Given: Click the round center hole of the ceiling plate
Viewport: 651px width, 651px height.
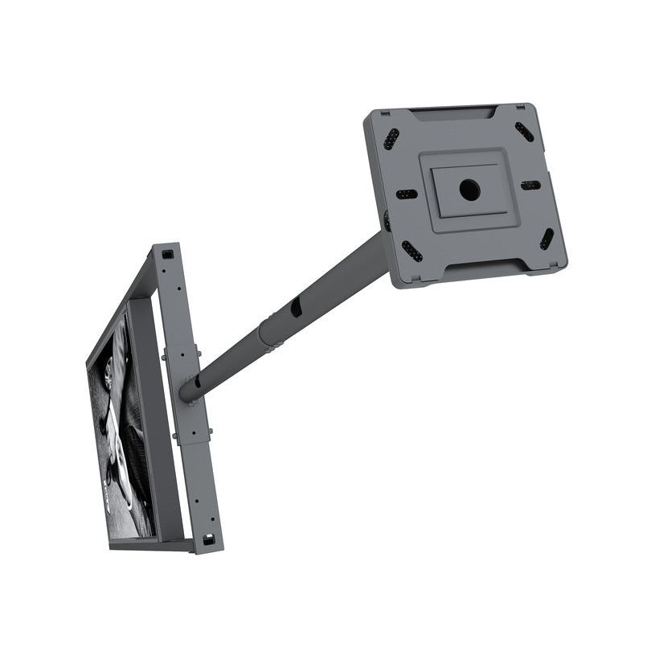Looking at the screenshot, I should [469, 190].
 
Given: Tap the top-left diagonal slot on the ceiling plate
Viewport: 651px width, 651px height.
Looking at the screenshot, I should [391, 139].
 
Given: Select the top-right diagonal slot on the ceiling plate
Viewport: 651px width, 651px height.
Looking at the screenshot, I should [524, 132].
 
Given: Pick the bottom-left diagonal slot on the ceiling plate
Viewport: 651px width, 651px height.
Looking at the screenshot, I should [411, 252].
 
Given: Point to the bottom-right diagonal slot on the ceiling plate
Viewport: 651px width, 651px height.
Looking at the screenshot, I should [547, 239].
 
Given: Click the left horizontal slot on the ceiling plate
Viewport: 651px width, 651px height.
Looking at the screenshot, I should [407, 194].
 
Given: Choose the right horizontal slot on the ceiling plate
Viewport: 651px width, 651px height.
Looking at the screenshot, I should [530, 186].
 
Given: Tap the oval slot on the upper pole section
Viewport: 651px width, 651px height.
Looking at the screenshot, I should [295, 307].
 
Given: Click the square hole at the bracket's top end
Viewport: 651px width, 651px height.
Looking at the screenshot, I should [167, 254].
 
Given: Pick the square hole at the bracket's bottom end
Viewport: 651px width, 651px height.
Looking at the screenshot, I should [208, 539].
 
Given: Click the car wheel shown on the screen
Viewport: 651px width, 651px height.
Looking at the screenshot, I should [108, 374].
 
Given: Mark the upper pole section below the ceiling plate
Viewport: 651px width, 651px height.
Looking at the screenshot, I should [338, 278].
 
